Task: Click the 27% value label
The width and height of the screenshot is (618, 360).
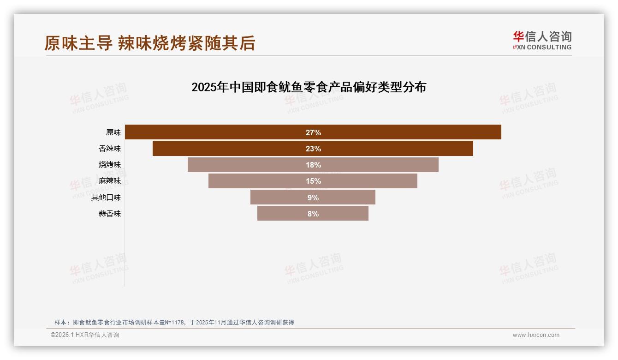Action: coord(313,132)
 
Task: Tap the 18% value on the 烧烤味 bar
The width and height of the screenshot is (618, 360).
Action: coord(313,165)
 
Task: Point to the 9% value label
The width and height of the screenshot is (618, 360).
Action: coord(313,198)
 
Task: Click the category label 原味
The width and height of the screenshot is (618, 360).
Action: coord(113,132)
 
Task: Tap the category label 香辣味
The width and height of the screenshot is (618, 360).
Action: coord(110,149)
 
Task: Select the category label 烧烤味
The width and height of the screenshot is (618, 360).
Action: coord(110,165)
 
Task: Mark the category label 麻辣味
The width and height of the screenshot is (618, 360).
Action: coord(110,181)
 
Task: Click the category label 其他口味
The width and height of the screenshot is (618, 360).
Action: coord(106,198)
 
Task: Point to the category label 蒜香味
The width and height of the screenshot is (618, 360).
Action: coord(110,214)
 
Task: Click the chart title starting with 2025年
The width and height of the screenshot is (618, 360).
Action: coord(309,87)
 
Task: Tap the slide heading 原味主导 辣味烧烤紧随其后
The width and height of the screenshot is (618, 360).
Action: coord(150,43)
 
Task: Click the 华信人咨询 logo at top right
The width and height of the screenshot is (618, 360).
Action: coord(542,40)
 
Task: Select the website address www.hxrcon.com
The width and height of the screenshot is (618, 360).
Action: coord(536,335)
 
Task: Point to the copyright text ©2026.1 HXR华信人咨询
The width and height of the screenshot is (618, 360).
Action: coord(85,335)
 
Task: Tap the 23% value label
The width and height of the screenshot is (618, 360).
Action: coord(313,149)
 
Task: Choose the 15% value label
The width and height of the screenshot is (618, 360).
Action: coord(313,181)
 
